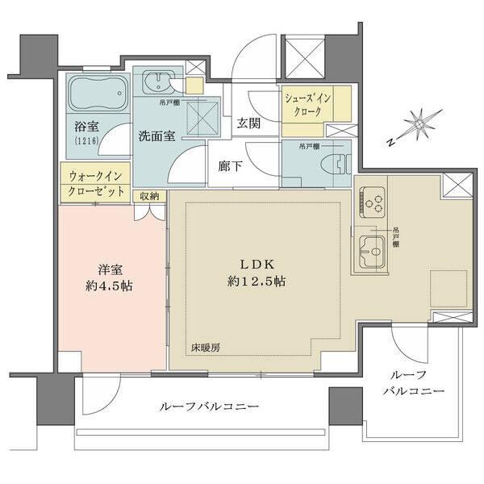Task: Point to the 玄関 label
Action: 248,124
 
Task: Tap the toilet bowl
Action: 338,161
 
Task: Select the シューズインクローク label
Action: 305,104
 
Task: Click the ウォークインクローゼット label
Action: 95,182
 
